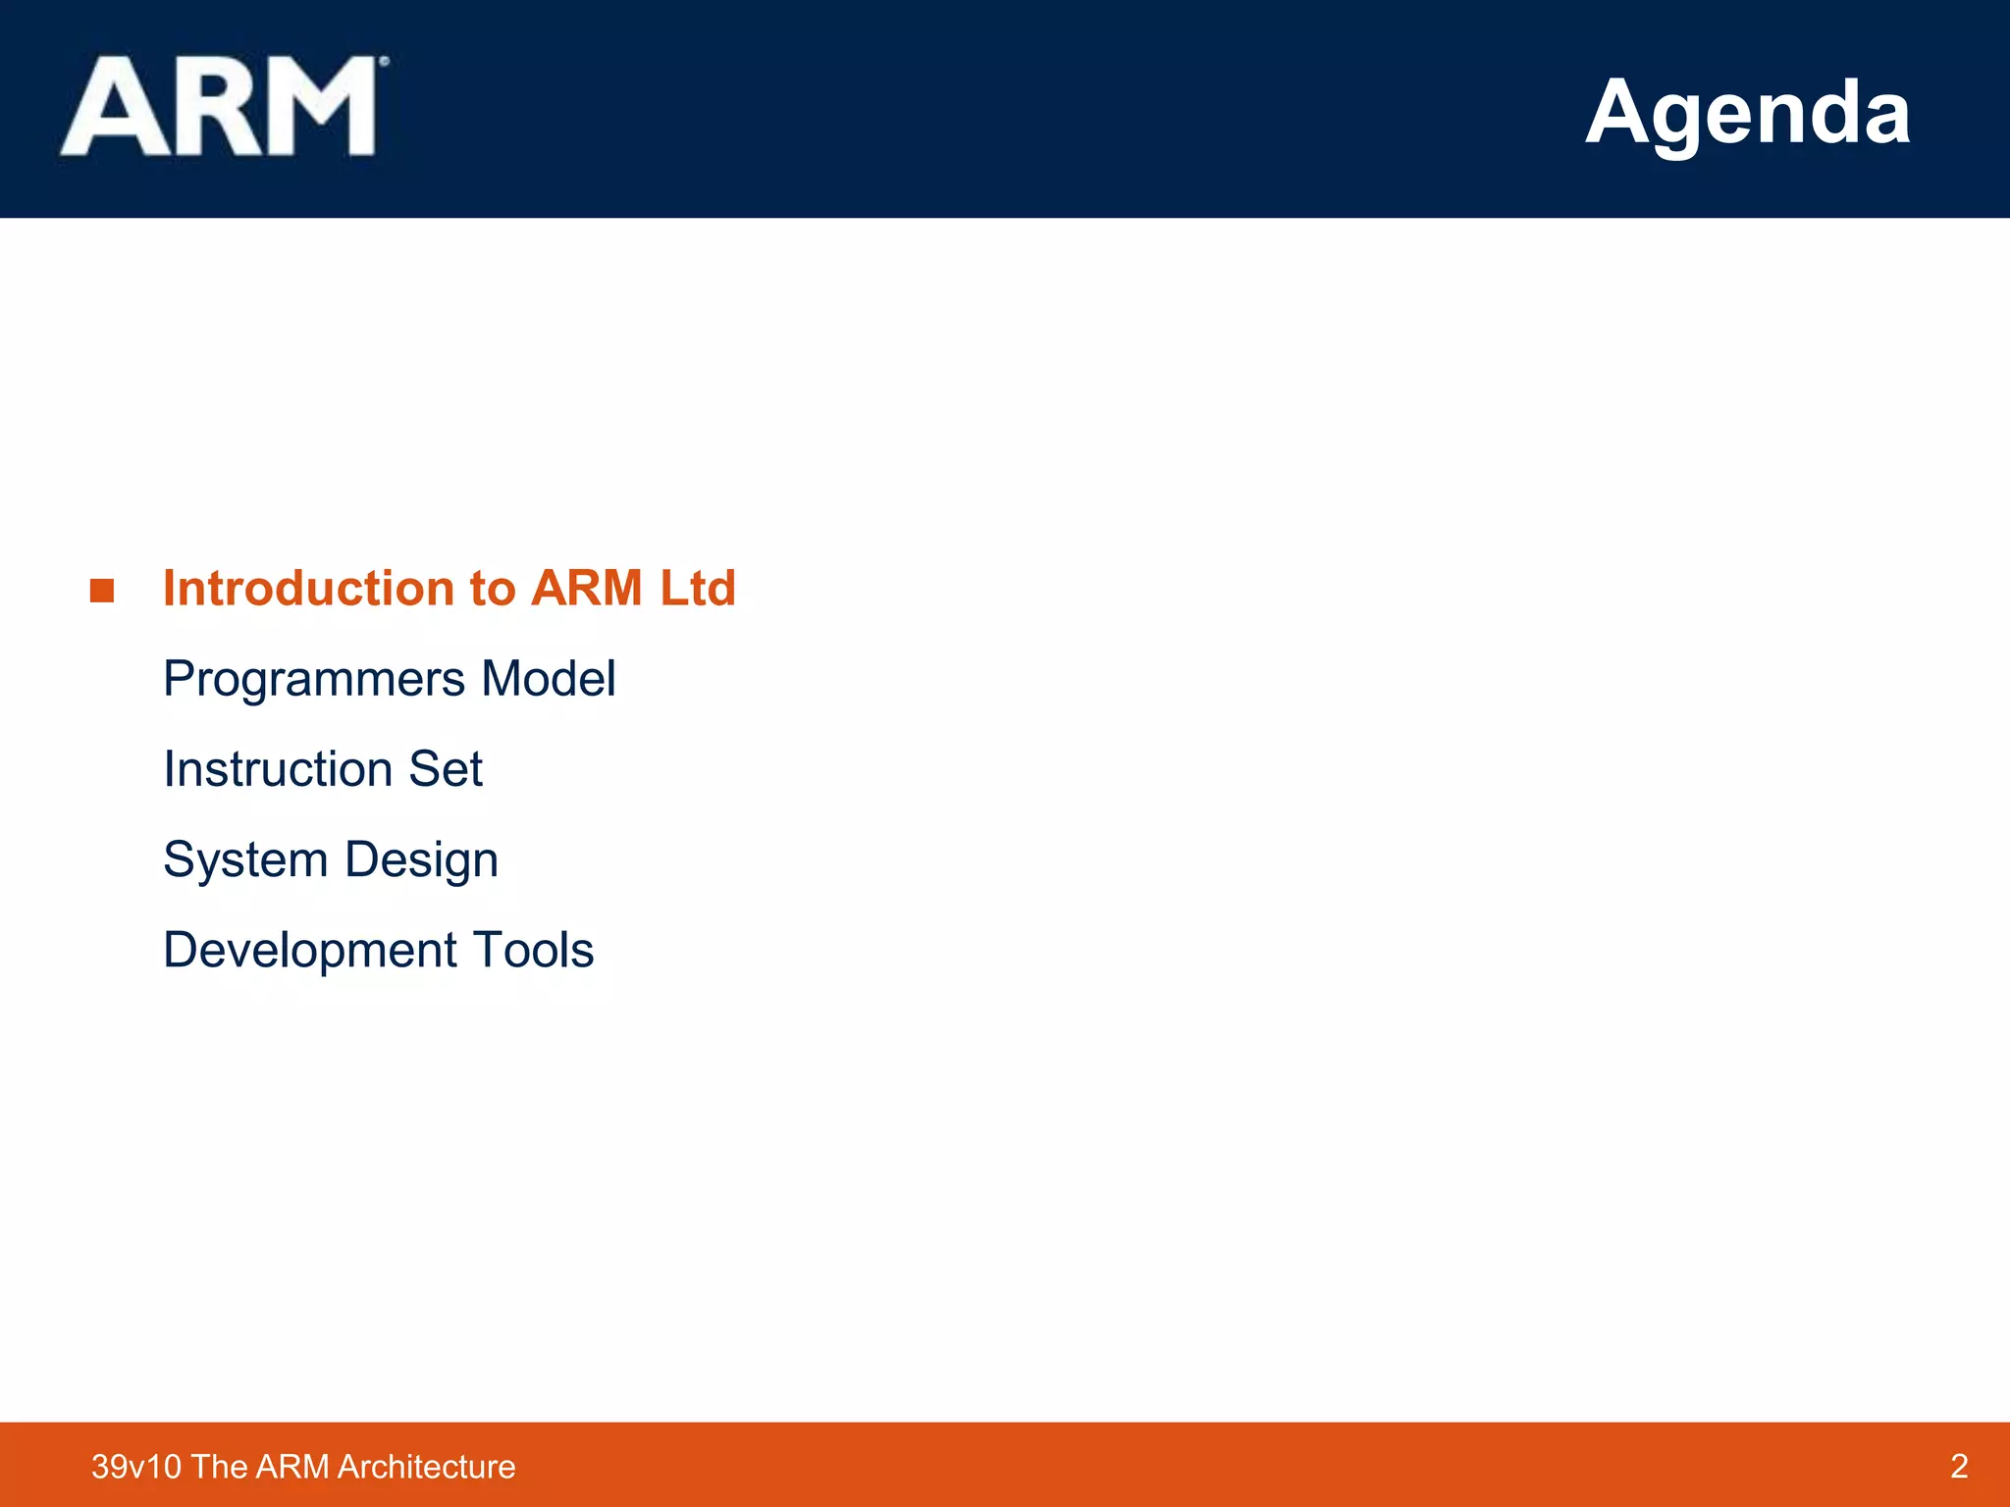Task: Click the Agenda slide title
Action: tap(1747, 112)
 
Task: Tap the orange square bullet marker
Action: tap(102, 591)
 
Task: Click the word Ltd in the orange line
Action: tap(697, 589)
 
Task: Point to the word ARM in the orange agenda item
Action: tap(586, 589)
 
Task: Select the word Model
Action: tap(549, 679)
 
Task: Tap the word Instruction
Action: tap(278, 769)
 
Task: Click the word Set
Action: tap(446, 769)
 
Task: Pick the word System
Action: tap(245, 860)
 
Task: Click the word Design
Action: tap(421, 860)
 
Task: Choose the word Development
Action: tap(310, 951)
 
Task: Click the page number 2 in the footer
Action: tap(1959, 1466)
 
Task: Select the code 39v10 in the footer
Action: tap(136, 1467)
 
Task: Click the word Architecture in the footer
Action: tap(426, 1467)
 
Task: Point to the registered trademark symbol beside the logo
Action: tap(384, 62)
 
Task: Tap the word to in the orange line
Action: tap(492, 589)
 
